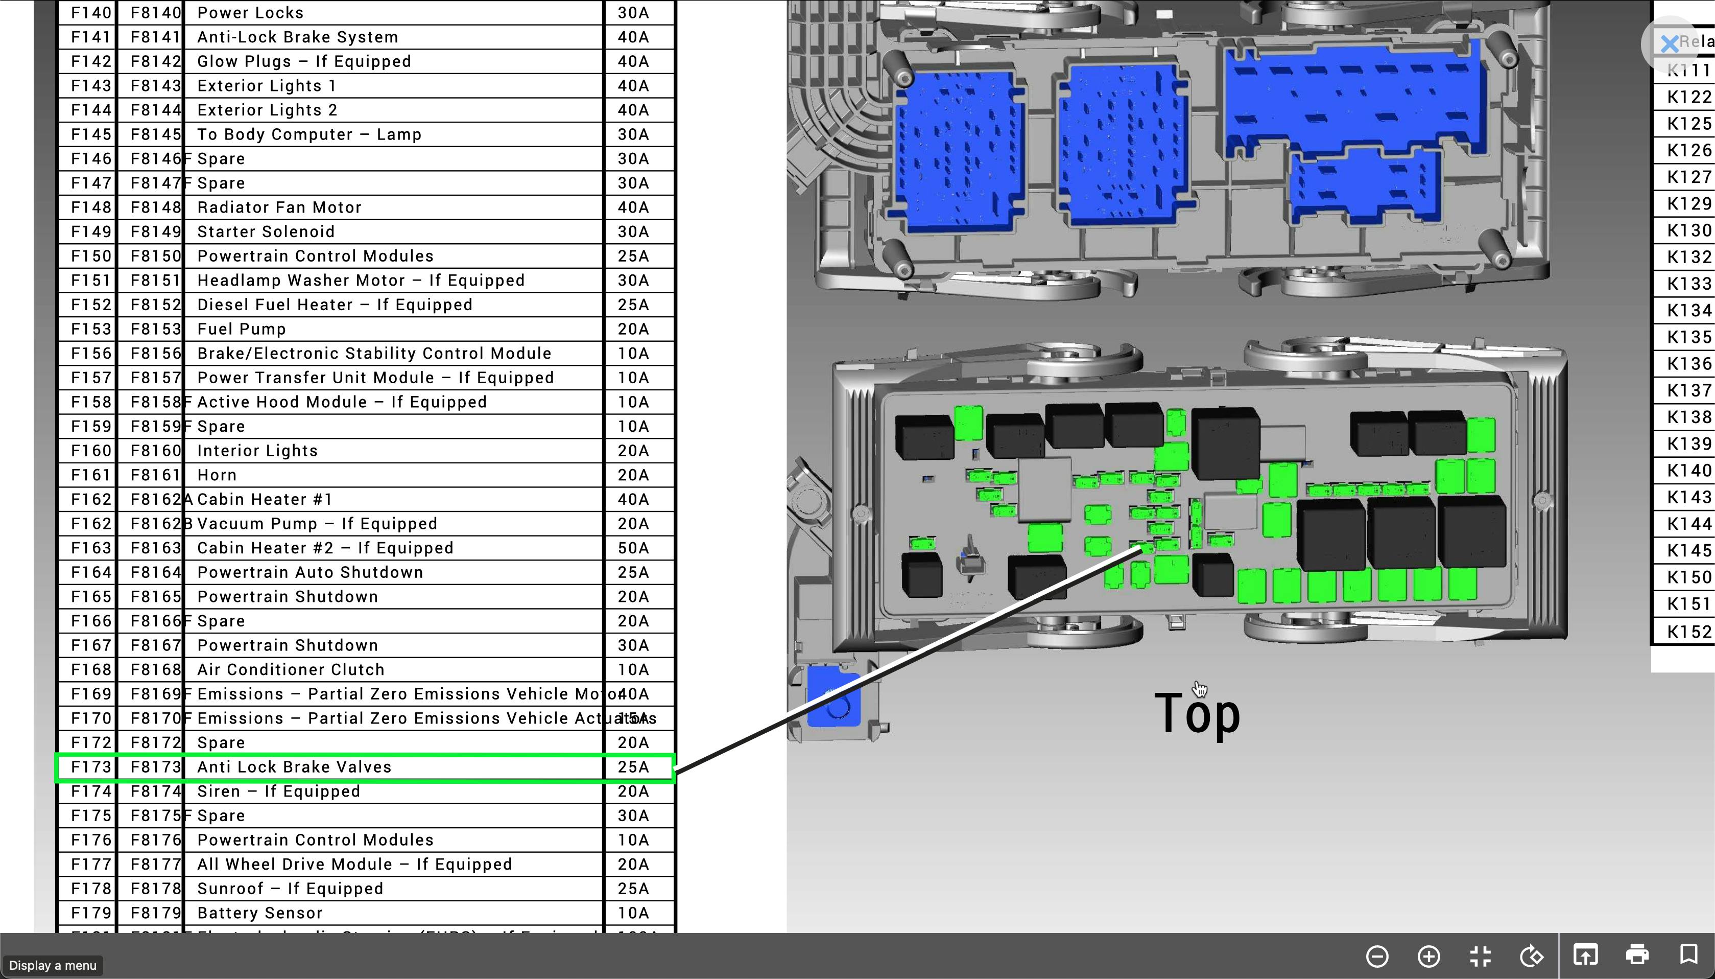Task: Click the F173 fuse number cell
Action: pos(91,767)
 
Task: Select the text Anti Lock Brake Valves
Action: pos(294,767)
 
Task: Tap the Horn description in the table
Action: pos(217,475)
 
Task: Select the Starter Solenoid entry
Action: pos(266,232)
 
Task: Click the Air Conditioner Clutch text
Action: pos(290,670)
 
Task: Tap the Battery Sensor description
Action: pos(259,913)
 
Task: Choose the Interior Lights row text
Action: pos(257,451)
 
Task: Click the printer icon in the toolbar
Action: pos(1637,955)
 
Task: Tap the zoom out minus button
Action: pos(1377,955)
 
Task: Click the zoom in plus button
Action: pos(1428,955)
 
